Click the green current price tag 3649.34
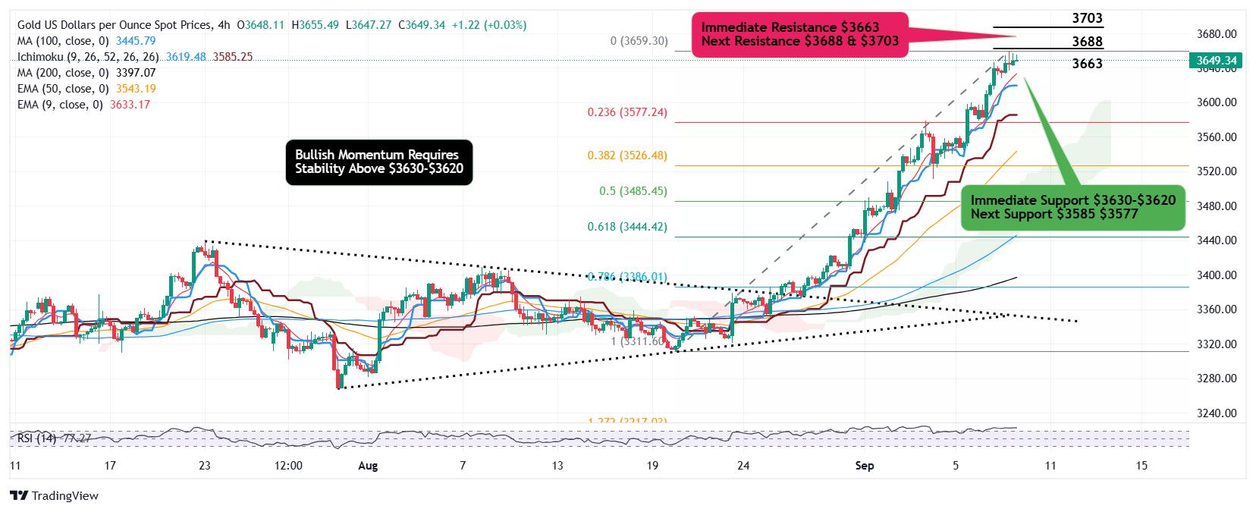(1216, 61)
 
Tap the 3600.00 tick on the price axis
(1217, 102)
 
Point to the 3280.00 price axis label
(1217, 379)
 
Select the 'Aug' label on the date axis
(368, 466)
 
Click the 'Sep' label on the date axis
(865, 466)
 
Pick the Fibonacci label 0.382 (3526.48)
(627, 155)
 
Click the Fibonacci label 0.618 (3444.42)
(627, 227)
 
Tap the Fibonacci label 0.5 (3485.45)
(633, 191)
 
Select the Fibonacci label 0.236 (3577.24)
(627, 112)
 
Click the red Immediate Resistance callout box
(799, 34)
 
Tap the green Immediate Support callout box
(1072, 207)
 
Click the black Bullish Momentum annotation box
(379, 162)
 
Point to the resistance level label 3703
(1087, 18)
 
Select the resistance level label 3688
(1087, 42)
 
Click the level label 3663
(1087, 64)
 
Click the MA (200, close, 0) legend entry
(86, 73)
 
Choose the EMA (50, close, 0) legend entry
(86, 89)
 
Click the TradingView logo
(55, 495)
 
